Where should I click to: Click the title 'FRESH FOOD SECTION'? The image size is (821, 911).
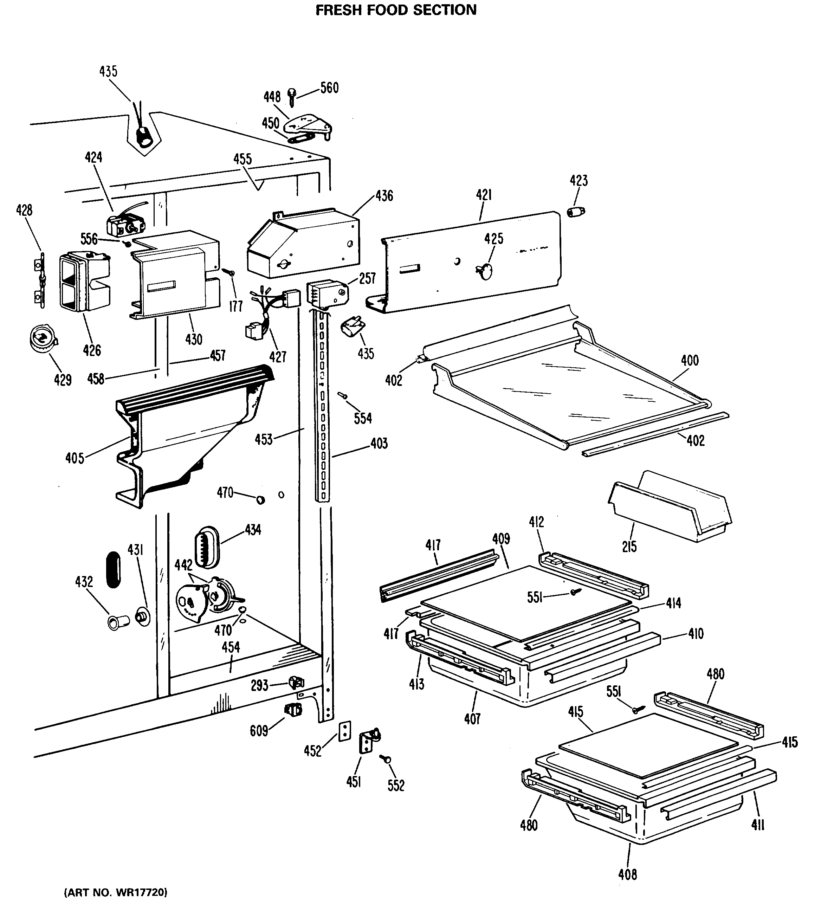coord(396,10)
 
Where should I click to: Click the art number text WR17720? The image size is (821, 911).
coord(116,892)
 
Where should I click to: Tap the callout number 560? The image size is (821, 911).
coord(329,88)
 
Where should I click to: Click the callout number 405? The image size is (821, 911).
coord(75,459)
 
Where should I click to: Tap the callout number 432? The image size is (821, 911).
coord(84,582)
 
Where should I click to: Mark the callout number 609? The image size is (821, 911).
coord(259,731)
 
